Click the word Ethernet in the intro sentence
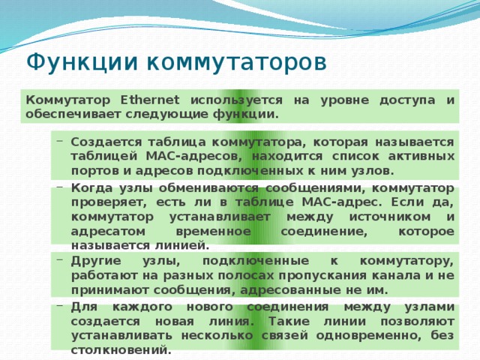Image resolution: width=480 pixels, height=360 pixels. click(149, 99)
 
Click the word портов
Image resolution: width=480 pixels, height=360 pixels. click(92, 170)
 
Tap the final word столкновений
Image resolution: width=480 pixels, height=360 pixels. click(120, 349)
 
